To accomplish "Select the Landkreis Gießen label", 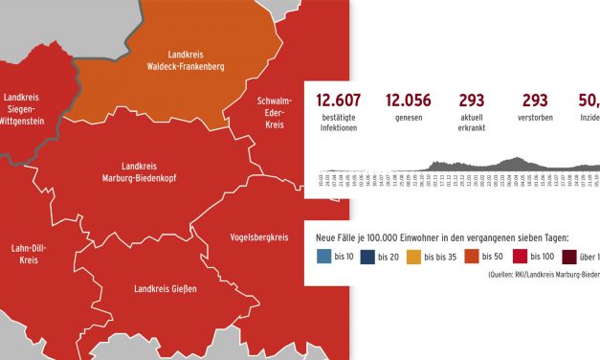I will pyautogui.click(x=167, y=288).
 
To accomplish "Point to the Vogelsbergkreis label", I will pyautogui.click(x=259, y=236).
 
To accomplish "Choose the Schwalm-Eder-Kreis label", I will pyautogui.click(x=275, y=112).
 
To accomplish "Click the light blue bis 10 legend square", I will pyautogui.click(x=324, y=257).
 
